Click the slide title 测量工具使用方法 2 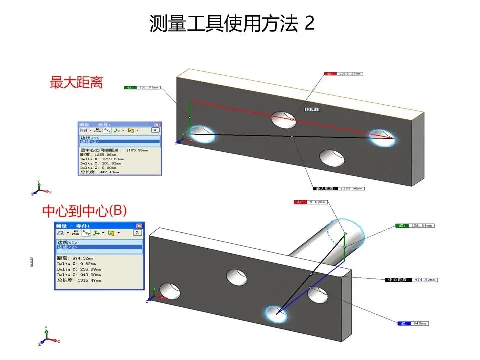pos(232,24)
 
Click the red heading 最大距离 pos(76,82)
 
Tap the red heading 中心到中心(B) pos(84,211)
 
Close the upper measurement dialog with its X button pos(156,125)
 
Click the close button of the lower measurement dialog pos(139,226)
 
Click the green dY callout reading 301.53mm pos(142,87)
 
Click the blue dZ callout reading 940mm pos(413,323)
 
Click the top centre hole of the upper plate pos(283,119)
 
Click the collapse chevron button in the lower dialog pos(137,233)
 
